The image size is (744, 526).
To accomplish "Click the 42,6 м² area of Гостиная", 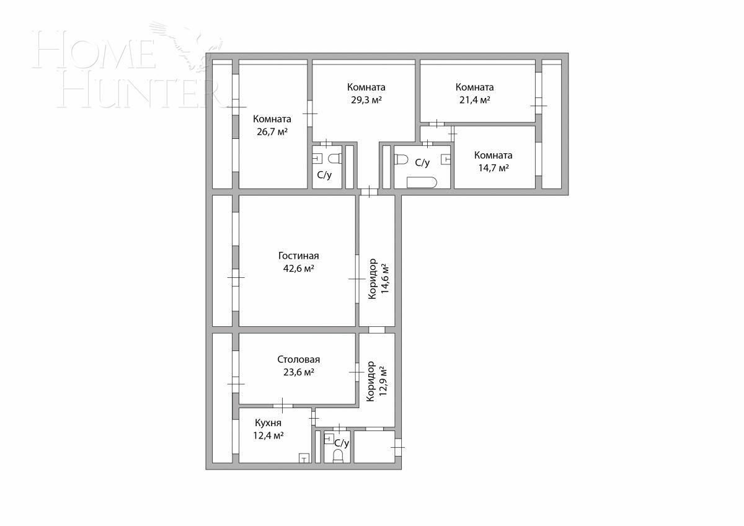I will coord(298,269).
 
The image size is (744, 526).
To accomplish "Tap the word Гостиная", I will coord(298,256).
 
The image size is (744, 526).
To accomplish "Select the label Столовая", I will coord(298,360).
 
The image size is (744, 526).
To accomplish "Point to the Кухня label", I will coord(268,423).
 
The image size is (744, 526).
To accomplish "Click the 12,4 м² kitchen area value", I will coord(268,435).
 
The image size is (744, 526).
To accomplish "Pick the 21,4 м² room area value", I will coord(474,99).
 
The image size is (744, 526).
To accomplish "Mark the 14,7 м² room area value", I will coord(493,167).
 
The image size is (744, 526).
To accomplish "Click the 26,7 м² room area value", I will coord(272,131).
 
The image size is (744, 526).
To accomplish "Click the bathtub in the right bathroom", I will coord(422,182).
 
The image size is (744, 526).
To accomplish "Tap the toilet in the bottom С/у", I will coord(338,457).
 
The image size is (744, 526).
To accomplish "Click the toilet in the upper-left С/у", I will coord(335,159).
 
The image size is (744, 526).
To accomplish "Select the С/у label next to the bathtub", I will coord(422,163).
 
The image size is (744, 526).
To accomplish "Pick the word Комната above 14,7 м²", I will coord(493,155).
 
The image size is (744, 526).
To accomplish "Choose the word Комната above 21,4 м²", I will coord(474,87).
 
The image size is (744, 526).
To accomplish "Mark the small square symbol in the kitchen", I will coord(304,458).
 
